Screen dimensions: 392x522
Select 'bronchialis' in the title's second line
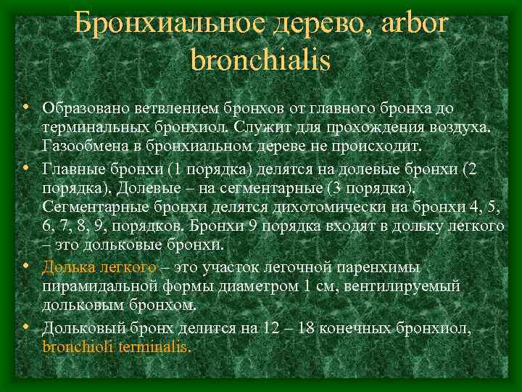pos(260,59)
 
